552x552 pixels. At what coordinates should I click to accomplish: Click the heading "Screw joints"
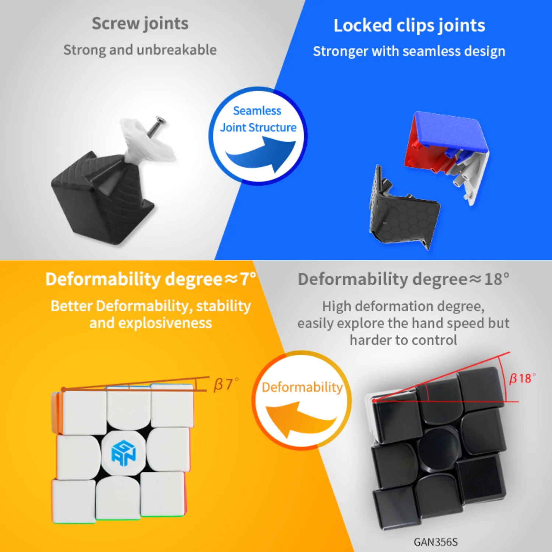coord(140,24)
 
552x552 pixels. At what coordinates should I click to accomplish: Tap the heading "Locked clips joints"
coord(409,25)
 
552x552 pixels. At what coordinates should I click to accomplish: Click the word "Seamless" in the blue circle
coord(257,110)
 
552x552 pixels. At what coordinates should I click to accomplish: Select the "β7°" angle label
coord(226,384)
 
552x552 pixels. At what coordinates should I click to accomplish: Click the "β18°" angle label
coord(522,378)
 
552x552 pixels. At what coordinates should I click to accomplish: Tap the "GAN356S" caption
coord(435,542)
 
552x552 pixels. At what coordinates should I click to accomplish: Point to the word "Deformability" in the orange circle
coord(302,387)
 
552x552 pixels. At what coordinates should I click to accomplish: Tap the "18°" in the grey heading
coord(496,279)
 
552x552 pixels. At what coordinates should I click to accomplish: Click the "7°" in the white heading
coord(247,279)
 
